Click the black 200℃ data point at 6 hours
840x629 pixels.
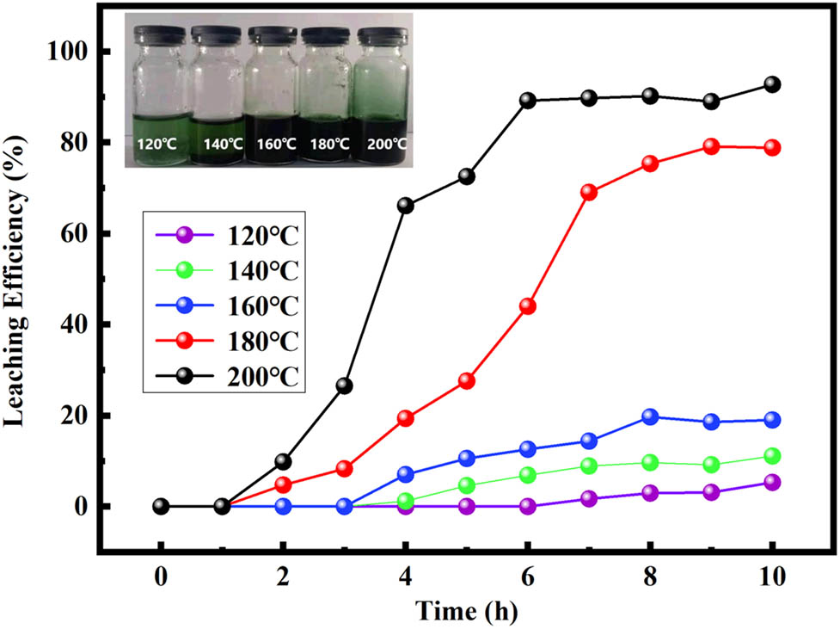(528, 100)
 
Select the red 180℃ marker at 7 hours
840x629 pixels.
(589, 192)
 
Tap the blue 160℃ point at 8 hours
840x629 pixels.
(650, 416)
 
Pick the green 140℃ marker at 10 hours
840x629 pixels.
(772, 456)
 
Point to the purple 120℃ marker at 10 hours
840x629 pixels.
(772, 483)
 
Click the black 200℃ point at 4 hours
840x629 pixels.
(406, 206)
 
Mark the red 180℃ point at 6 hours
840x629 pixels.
(528, 306)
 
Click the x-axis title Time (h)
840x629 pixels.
(467, 611)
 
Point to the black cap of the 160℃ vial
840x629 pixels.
(271, 35)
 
